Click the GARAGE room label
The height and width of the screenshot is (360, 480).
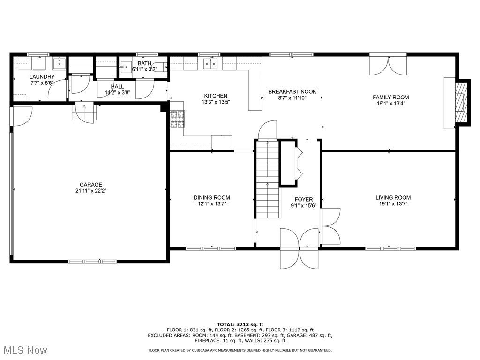91,185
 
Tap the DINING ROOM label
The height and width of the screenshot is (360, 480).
212,198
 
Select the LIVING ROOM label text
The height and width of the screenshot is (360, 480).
393,198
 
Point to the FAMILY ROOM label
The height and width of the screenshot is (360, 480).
390,97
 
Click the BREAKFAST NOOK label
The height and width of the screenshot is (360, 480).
292,91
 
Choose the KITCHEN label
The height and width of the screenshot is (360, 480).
216,96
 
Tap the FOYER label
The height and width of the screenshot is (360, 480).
304,200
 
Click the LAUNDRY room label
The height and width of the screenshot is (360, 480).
42,77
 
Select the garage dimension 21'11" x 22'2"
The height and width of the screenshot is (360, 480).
91,191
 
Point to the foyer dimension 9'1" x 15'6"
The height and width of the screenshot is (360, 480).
304,206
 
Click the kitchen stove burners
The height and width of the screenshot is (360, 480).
178,119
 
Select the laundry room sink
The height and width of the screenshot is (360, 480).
59,64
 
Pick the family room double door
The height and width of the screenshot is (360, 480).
388,65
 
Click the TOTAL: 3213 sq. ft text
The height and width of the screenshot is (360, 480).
240,324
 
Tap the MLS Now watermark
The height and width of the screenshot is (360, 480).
24,350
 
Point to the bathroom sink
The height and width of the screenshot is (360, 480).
126,67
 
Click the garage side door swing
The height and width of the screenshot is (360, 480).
22,116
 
